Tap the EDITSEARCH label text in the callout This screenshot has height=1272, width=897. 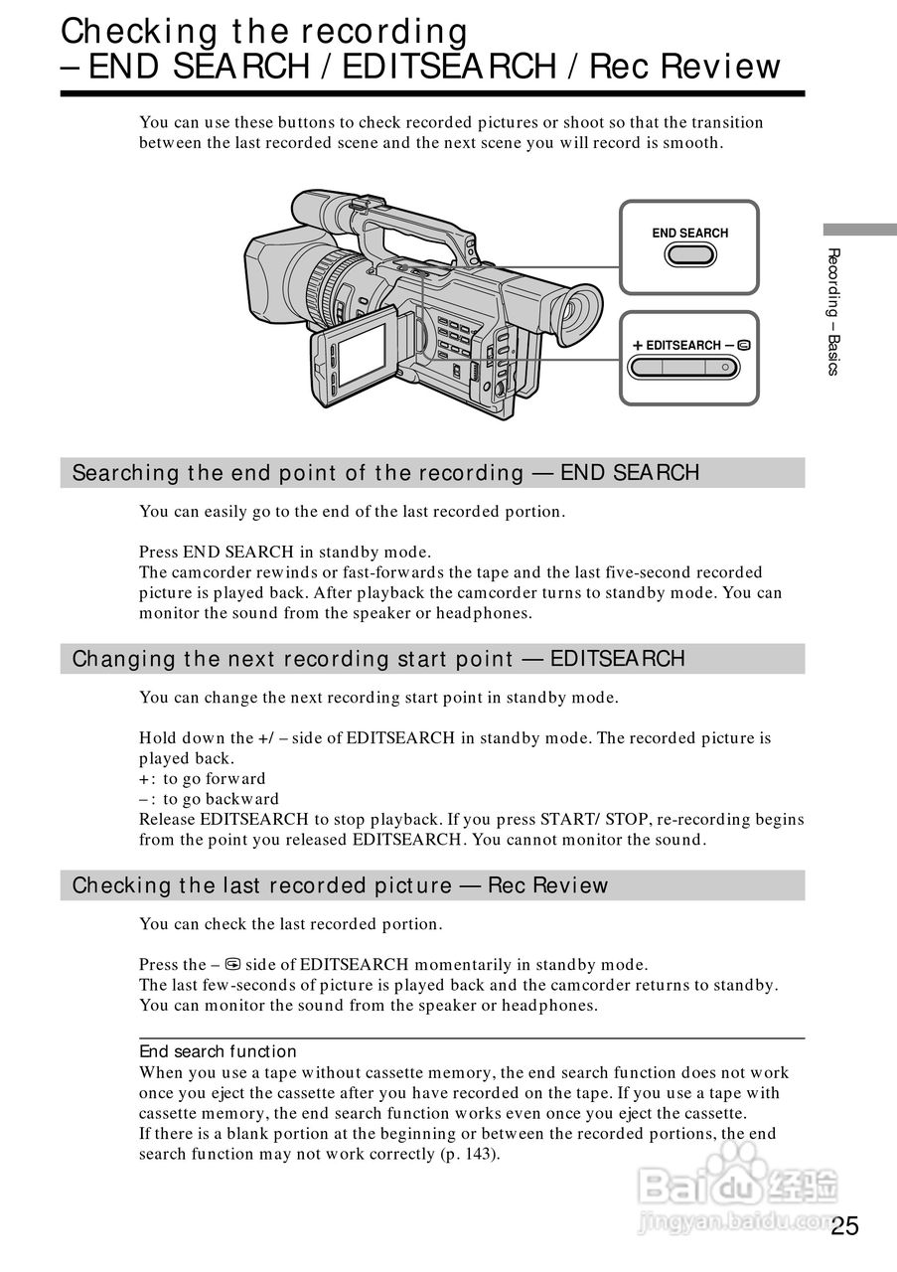tap(683, 345)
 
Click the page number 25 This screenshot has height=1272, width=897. tap(845, 1225)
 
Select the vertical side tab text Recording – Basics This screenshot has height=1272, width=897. tap(833, 311)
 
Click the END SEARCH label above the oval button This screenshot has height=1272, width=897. tap(689, 234)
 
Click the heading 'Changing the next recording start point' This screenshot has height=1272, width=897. tap(292, 659)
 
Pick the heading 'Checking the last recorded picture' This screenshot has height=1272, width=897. tap(264, 885)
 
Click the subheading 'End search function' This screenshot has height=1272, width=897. tap(218, 1051)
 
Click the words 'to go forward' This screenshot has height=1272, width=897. tap(215, 779)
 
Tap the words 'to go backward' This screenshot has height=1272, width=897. tap(222, 799)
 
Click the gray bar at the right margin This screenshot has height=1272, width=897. tap(859, 228)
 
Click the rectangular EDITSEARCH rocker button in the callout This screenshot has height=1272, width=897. tap(689, 368)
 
